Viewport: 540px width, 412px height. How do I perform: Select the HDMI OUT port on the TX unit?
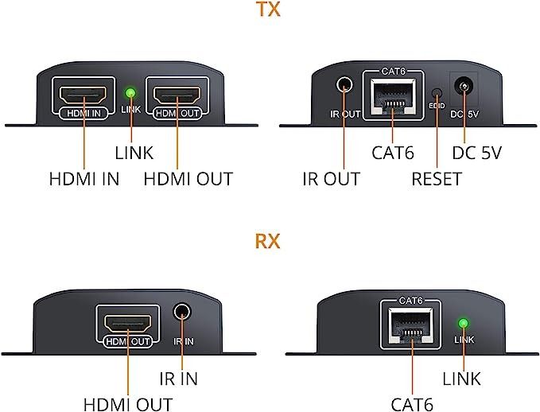[x=177, y=97]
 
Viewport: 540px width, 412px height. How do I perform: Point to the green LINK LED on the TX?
[x=130, y=93]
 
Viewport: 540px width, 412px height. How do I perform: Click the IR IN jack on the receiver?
[x=184, y=313]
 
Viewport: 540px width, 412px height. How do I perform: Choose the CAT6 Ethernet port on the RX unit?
[x=412, y=325]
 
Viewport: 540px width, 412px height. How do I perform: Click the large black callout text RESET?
[x=436, y=180]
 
